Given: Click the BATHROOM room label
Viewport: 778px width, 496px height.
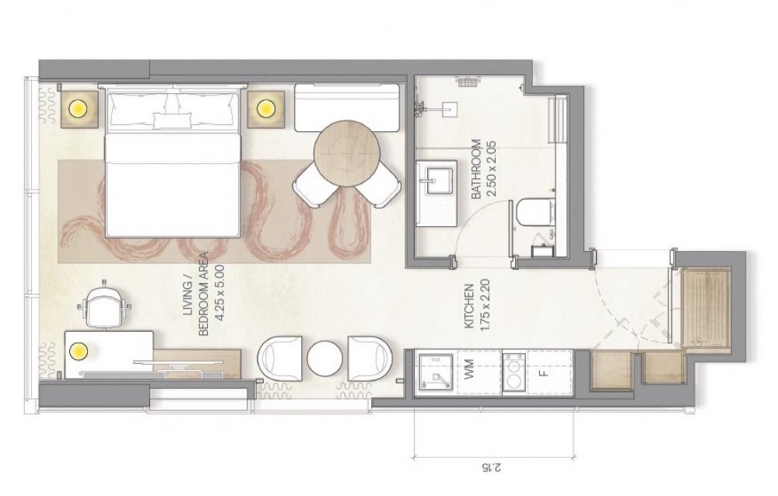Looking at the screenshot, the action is (x=476, y=169).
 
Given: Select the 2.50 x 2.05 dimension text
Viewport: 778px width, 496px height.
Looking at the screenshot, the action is (x=491, y=169).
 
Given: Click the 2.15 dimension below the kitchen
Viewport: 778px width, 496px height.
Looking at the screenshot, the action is (x=492, y=466).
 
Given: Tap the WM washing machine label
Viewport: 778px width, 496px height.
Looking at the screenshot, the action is (x=470, y=370).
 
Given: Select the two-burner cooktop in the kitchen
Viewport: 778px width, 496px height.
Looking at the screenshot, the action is (x=514, y=373).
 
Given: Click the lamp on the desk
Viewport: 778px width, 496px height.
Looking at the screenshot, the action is (x=79, y=351).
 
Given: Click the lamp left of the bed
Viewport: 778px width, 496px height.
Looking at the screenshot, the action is (x=79, y=107).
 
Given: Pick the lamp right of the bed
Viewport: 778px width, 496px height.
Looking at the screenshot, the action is (x=265, y=107).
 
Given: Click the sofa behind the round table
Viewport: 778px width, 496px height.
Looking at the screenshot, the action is (x=347, y=107).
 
